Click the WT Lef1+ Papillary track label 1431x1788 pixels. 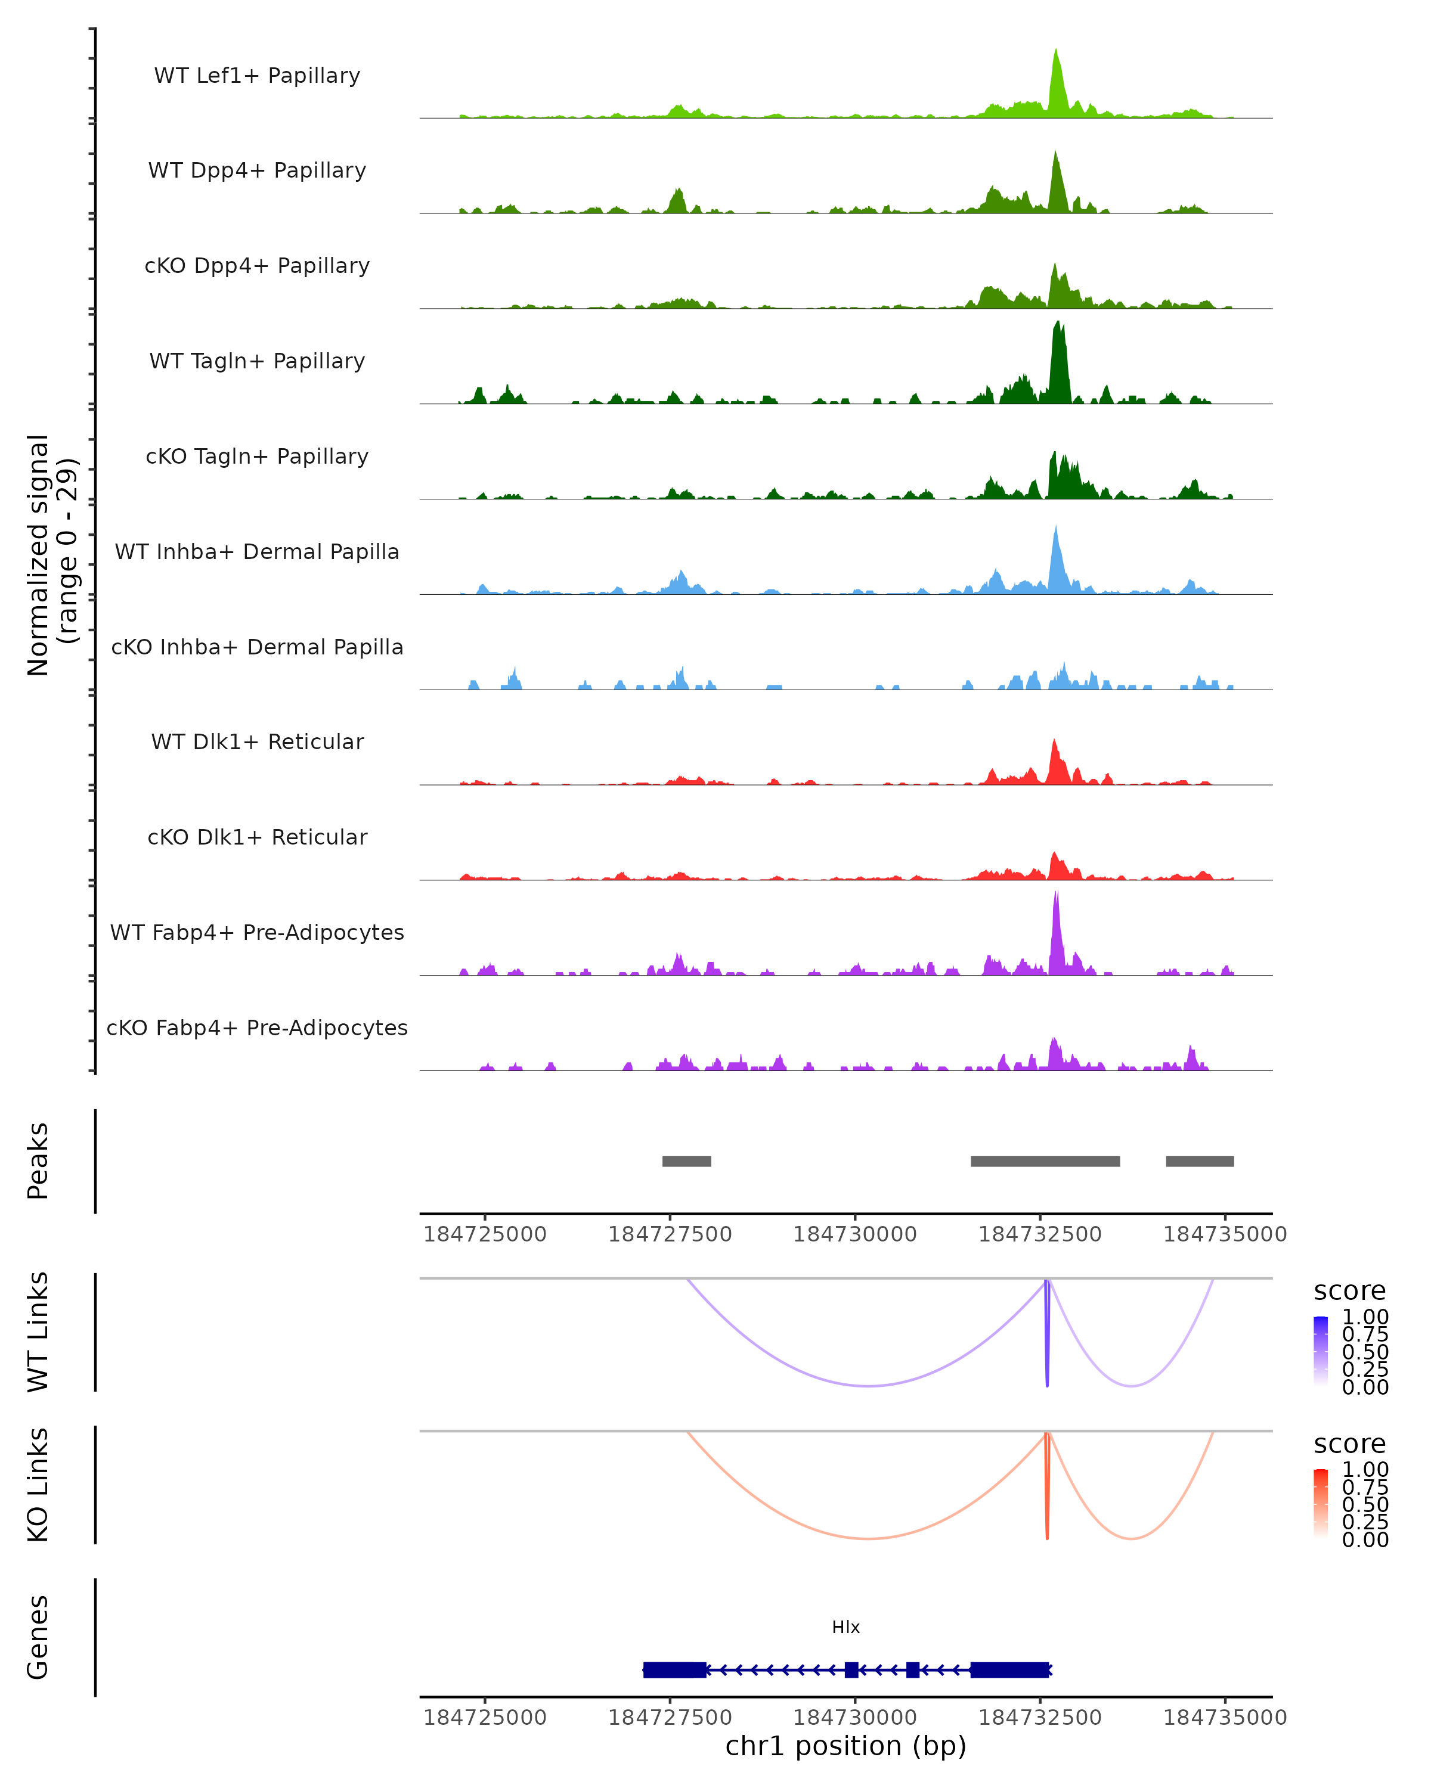pyautogui.click(x=257, y=76)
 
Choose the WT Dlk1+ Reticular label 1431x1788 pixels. pyautogui.click(x=257, y=741)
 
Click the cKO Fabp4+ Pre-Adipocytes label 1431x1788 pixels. pyautogui.click(x=257, y=1028)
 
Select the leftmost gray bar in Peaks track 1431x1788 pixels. pyautogui.click(x=686, y=1161)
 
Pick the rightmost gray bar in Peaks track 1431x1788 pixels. pyautogui.click(x=1200, y=1161)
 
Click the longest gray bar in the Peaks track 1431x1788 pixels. pyautogui.click(x=1045, y=1161)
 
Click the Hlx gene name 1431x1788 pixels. pyautogui.click(x=845, y=1627)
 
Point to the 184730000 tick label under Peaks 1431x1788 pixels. pyautogui.click(x=854, y=1234)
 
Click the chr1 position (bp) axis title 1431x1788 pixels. pyautogui.click(x=845, y=1746)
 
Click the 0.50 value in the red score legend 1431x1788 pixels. pyautogui.click(x=1365, y=1504)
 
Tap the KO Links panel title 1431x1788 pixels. pyautogui.click(x=38, y=1485)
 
